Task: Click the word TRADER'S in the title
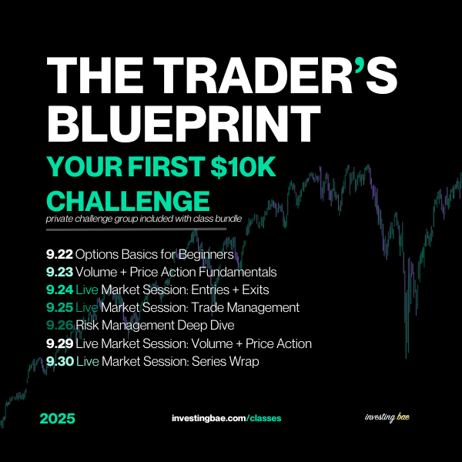tap(276, 75)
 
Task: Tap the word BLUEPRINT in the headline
tap(184, 123)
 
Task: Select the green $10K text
tap(243, 167)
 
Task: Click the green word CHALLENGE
tap(128, 201)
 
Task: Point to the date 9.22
tap(59, 254)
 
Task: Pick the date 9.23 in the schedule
tap(59, 272)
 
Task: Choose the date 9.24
tap(59, 290)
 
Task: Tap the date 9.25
tap(59, 307)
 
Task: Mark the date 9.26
tap(59, 325)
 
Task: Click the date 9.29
tap(59, 343)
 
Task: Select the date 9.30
tap(60, 361)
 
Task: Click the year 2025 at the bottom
tap(58, 419)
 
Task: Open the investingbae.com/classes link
tap(226, 418)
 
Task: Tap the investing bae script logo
tap(387, 417)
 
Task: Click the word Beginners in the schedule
tap(206, 255)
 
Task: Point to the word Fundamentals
tap(238, 272)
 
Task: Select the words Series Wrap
tap(226, 362)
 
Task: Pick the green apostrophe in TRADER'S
tap(360, 64)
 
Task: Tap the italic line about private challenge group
tap(144, 219)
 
